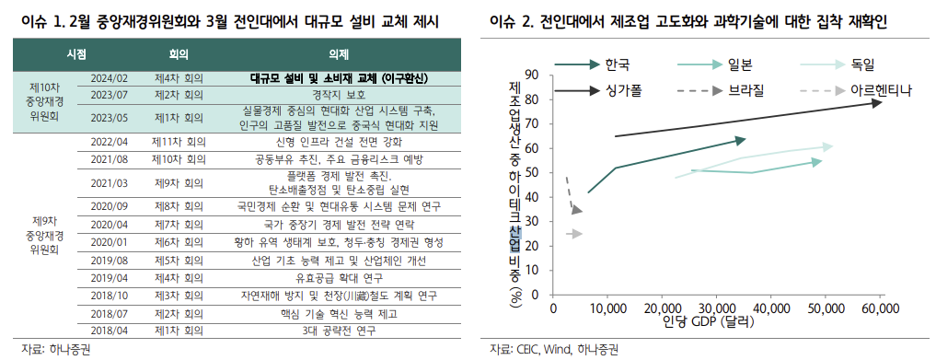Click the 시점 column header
point(76,54)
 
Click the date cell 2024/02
point(109,78)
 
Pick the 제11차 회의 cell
point(178,142)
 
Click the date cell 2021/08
point(109,158)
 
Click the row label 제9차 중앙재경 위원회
point(45,236)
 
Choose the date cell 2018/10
point(109,296)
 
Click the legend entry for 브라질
point(745,90)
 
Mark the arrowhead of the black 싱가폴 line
point(878,102)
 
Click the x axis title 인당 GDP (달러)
point(706,322)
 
